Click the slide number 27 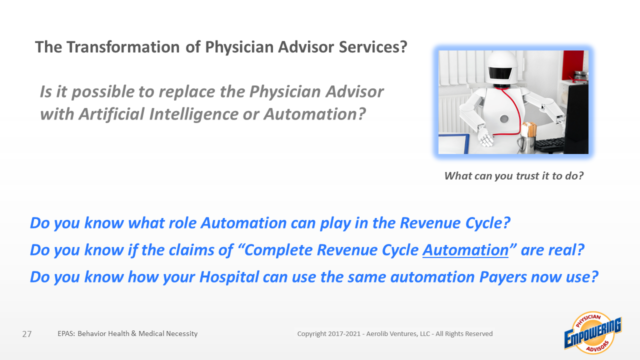point(27,334)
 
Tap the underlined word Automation point(465,250)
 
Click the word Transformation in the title point(123,47)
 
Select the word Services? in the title point(373,47)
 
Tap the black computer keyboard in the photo point(549,145)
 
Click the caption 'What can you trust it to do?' point(513,175)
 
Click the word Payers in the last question point(503,277)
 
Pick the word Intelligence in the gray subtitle point(193,114)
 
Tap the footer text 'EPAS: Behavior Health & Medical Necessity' point(127,333)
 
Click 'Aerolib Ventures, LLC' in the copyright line point(398,333)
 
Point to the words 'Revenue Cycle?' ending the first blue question point(455,223)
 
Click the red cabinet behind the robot point(572,65)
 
